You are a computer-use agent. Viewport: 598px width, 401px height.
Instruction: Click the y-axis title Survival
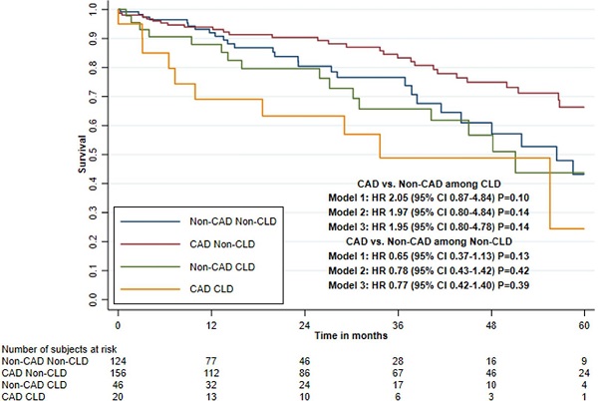(83, 156)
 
